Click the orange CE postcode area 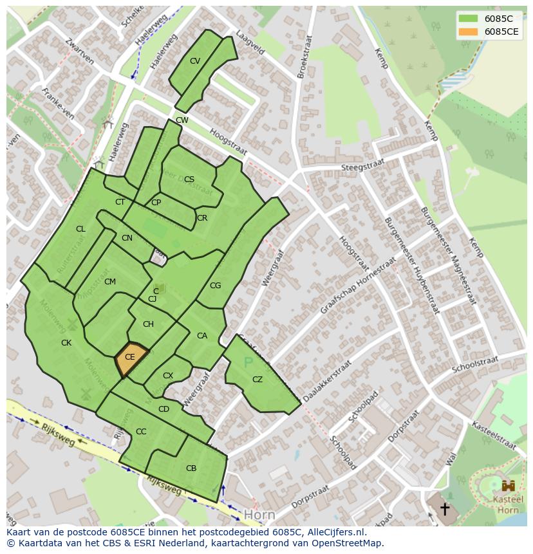[131, 359]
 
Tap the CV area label [195, 61]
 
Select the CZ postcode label [257, 380]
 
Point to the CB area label [191, 468]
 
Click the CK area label [66, 343]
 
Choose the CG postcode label [215, 286]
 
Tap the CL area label [80, 229]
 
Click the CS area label [189, 180]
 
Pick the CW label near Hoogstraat [182, 120]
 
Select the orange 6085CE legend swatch [469, 32]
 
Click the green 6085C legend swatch [469, 19]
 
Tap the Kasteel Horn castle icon [508, 485]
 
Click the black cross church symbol [444, 510]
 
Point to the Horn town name [259, 515]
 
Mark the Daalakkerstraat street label [327, 382]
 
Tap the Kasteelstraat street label [494, 436]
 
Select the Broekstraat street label [304, 57]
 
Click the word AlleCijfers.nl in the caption [337, 532]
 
